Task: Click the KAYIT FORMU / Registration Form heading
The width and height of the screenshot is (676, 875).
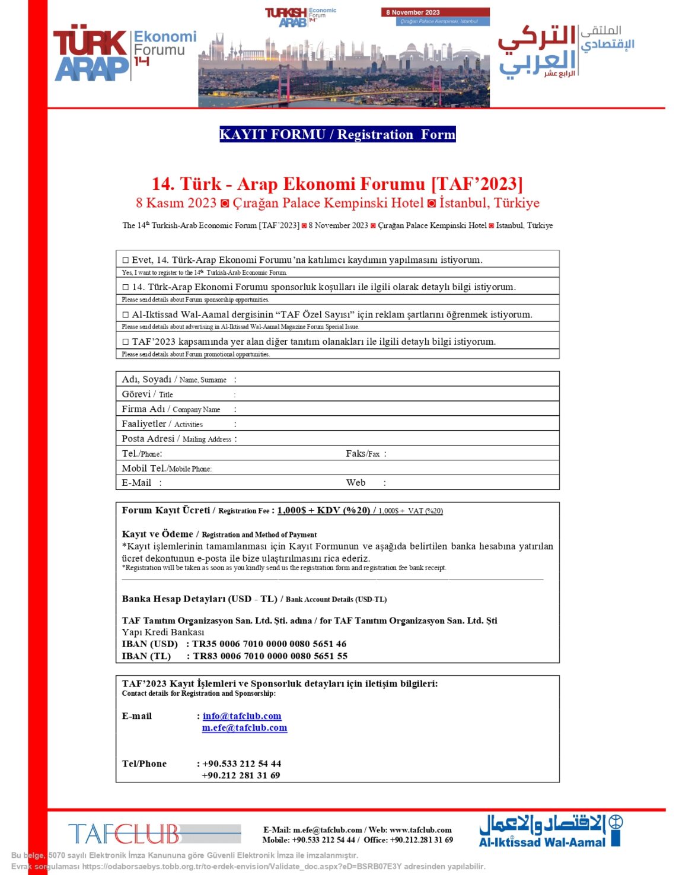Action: click(337, 135)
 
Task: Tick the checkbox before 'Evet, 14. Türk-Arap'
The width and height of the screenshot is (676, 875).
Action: click(126, 260)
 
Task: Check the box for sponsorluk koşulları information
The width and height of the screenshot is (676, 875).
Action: click(126, 287)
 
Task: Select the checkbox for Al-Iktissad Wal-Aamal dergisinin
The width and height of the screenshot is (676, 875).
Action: click(126, 315)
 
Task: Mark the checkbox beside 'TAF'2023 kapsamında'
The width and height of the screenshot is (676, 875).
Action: click(126, 342)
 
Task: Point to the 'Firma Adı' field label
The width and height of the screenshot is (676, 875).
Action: click(144, 409)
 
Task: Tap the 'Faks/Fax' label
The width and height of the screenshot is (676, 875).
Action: click(362, 454)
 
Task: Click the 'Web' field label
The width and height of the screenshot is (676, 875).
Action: click(356, 483)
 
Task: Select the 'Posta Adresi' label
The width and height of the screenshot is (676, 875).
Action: click(148, 439)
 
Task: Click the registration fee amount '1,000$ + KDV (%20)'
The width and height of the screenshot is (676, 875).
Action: click(324, 510)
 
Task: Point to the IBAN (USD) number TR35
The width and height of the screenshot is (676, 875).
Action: click(269, 644)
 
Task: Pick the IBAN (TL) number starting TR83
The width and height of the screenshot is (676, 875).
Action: click(270, 656)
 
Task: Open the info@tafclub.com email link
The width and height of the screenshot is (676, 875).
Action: click(242, 716)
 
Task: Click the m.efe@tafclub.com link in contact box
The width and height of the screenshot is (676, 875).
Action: click(244, 728)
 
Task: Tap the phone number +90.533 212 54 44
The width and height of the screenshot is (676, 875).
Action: click(242, 763)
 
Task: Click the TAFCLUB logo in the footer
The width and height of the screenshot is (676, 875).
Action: click(125, 833)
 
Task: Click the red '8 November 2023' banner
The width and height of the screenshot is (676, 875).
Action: click(435, 12)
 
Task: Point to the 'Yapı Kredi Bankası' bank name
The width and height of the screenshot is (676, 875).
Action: click(163, 632)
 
